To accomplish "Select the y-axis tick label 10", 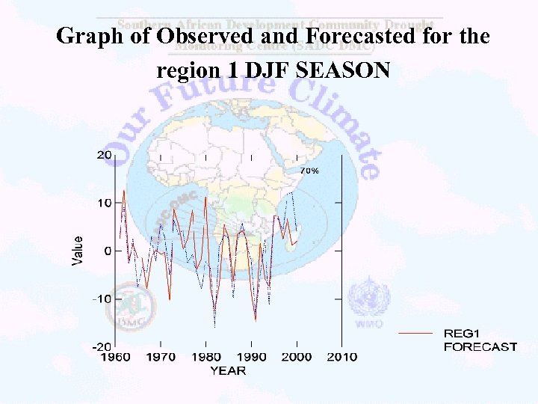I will (104, 203).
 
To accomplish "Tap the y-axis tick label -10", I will (101, 299).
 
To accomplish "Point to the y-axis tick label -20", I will (101, 346).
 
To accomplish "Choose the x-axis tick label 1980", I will (207, 358).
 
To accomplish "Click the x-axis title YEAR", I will (227, 370).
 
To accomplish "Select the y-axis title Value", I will (78, 251).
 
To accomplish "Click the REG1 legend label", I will (463, 334).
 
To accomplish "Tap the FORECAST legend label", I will (480, 346).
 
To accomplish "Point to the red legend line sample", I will (415, 332).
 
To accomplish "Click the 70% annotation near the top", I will (309, 171).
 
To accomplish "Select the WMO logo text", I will (369, 324).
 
